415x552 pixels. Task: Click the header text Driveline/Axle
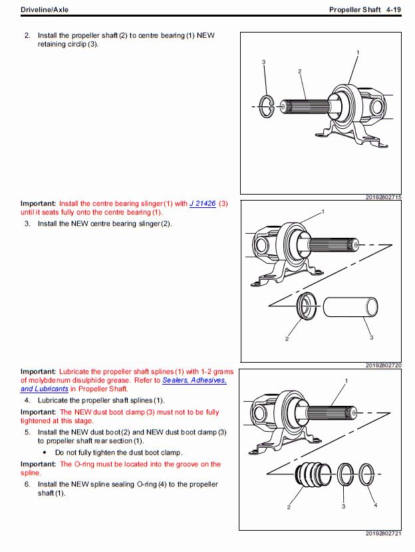(x=45, y=9)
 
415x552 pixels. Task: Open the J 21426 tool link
(x=202, y=204)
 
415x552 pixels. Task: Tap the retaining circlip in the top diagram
(x=266, y=106)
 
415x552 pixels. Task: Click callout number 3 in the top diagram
(x=264, y=62)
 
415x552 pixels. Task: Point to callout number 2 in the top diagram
(x=300, y=71)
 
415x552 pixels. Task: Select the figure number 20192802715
(x=383, y=197)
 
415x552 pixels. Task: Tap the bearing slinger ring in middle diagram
(x=307, y=306)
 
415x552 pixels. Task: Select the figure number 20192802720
(x=383, y=365)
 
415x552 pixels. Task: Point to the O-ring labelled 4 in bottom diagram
(x=367, y=475)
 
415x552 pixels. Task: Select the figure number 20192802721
(x=383, y=533)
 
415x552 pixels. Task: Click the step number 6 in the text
(x=27, y=484)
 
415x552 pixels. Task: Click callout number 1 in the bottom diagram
(x=346, y=381)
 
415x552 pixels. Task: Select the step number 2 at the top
(x=27, y=35)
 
